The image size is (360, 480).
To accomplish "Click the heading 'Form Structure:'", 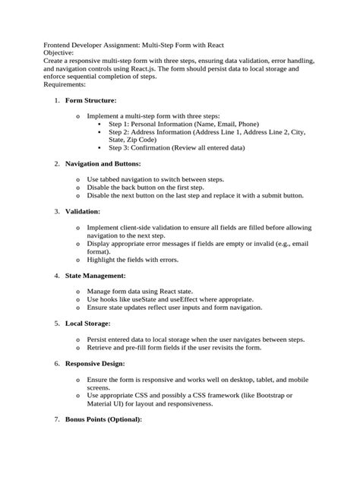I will tap(90, 99).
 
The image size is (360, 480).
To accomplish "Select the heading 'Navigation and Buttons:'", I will tap(103, 163).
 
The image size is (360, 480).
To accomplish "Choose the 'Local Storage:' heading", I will tap(87, 323).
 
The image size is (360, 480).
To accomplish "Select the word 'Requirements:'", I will tap(65, 84).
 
